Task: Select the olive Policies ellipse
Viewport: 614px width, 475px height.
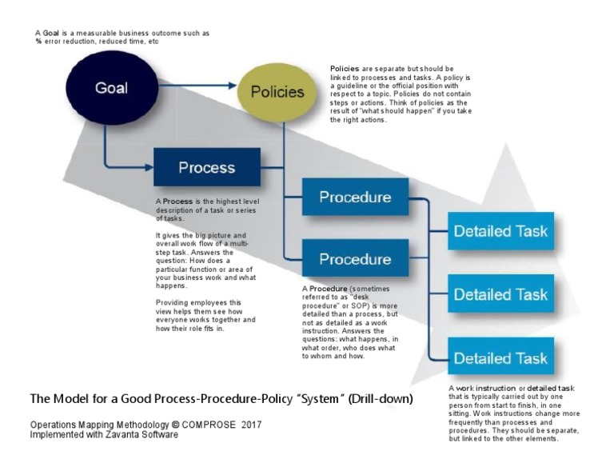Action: [277, 92]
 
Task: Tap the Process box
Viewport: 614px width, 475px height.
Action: [206, 167]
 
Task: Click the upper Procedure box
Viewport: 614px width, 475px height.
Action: [355, 197]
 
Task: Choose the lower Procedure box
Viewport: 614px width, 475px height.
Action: [355, 259]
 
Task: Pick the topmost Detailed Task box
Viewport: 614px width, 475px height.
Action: [500, 231]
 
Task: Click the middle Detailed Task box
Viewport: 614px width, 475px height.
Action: [500, 294]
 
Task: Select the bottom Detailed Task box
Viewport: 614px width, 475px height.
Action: [500, 357]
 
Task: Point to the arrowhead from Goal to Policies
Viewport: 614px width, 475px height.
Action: [234, 84]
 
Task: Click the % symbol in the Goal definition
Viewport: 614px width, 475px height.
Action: [38, 41]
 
